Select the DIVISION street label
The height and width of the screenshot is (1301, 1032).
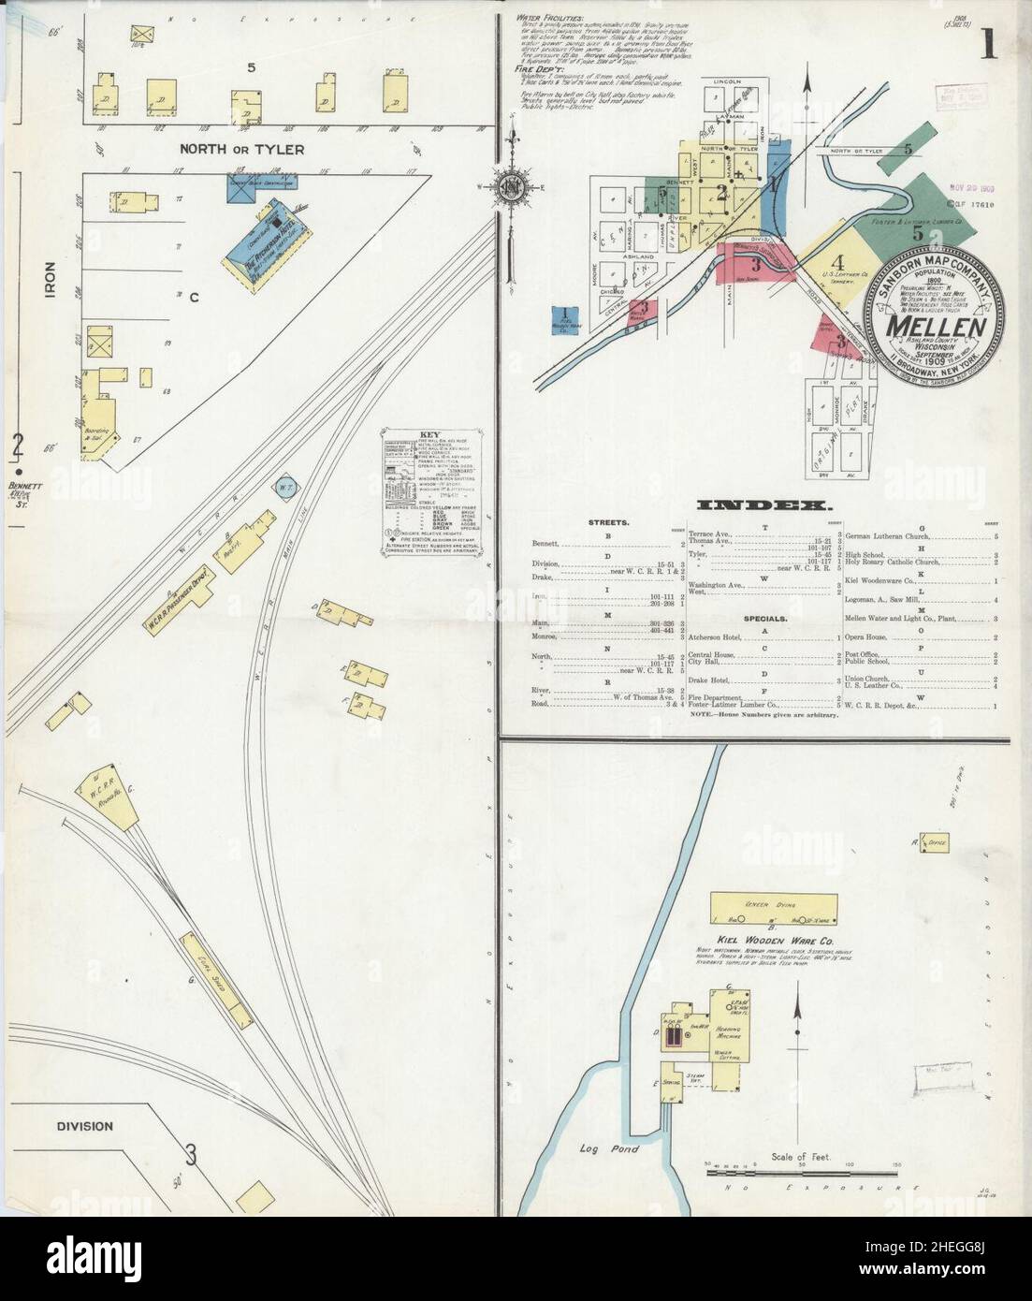83,1126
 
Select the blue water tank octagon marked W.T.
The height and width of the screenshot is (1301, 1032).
284,487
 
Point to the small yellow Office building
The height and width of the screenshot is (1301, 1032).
934,842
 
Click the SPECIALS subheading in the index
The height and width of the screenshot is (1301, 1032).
764,619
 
